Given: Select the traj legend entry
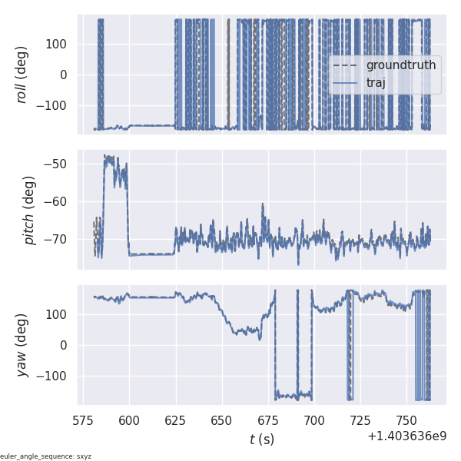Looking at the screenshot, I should [376, 82].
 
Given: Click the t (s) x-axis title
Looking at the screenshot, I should [261, 439].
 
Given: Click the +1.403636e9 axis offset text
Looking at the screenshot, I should [406, 436].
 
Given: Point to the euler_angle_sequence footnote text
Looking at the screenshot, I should [46, 456].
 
